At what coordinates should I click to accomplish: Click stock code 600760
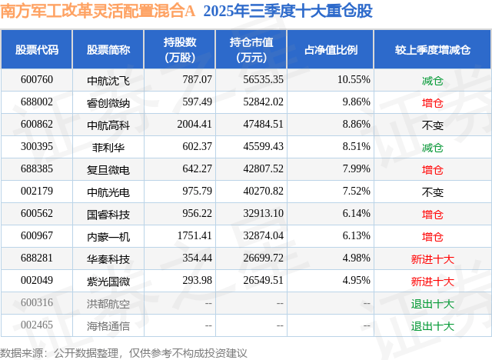tap(37, 79)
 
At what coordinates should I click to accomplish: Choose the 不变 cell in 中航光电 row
tap(432, 192)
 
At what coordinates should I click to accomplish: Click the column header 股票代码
tap(37, 50)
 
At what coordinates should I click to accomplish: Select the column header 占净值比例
tap(337, 50)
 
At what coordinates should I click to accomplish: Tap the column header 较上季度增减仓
tap(432, 50)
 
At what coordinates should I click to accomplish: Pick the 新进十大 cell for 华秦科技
tap(432, 259)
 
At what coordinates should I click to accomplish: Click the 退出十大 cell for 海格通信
tap(432, 326)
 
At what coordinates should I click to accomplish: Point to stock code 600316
tap(37, 304)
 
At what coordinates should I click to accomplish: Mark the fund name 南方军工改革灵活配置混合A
tap(98, 12)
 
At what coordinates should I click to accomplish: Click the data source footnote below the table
tap(124, 352)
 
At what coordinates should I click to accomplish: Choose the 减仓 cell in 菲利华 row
tap(432, 146)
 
